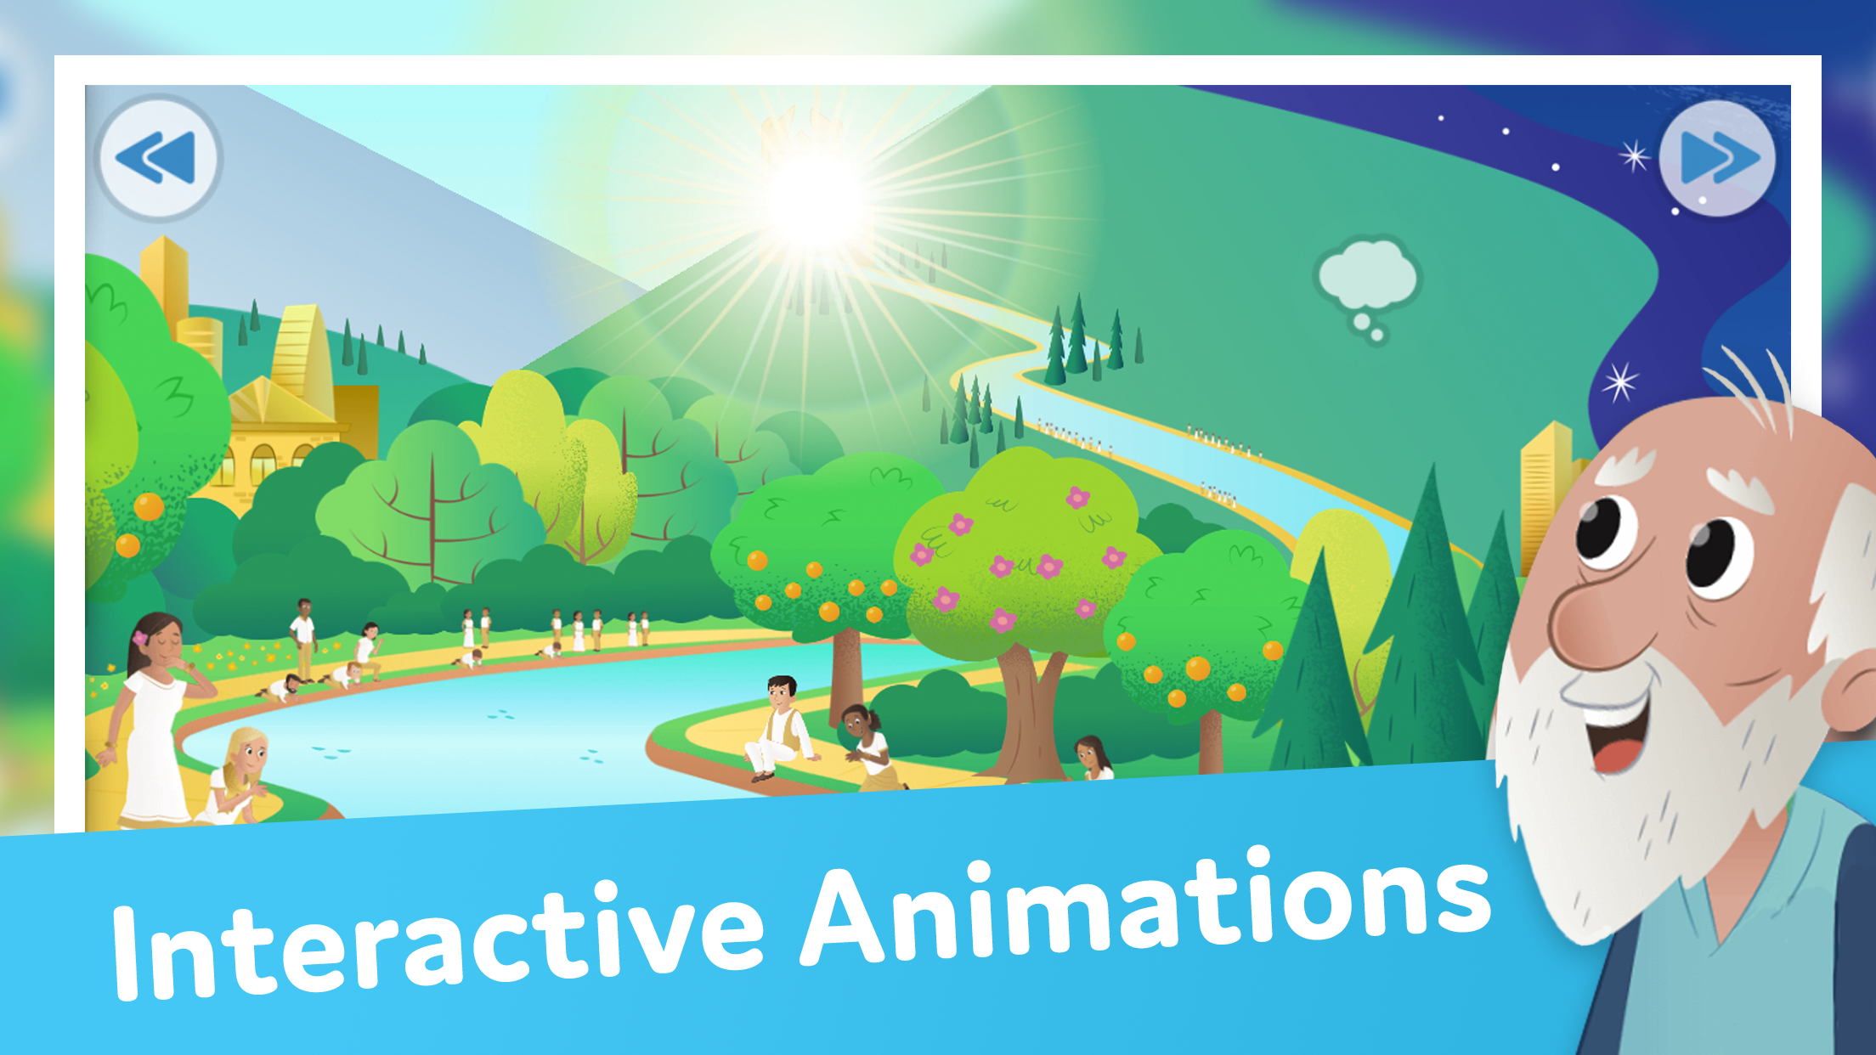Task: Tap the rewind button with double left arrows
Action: tap(158, 158)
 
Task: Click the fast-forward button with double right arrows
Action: tap(1717, 158)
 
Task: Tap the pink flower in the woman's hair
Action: tap(140, 638)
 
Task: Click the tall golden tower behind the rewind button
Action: tap(164, 280)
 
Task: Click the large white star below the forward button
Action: tap(1619, 381)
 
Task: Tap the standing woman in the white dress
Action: tap(153, 722)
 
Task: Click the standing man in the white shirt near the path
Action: tap(303, 637)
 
